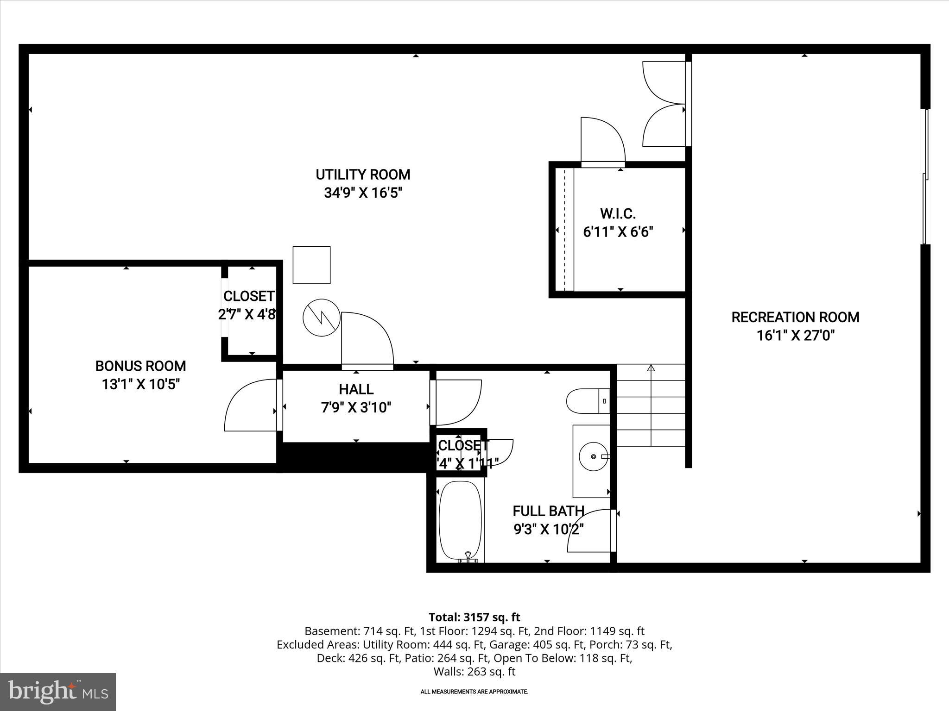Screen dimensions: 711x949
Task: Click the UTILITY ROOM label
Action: click(363, 175)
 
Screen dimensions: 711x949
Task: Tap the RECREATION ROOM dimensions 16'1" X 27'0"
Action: click(795, 336)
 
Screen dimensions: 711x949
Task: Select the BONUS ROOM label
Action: click(140, 366)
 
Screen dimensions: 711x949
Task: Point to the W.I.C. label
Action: click(618, 214)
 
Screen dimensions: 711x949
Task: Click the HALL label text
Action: click(356, 389)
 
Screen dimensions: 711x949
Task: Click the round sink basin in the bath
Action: click(594, 456)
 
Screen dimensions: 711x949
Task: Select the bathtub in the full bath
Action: click(461, 520)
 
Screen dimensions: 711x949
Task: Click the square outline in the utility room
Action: click(311, 265)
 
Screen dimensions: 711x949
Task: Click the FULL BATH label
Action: click(548, 511)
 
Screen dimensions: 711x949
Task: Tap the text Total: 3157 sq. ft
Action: click(474, 617)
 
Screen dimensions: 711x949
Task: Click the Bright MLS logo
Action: click(58, 692)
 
